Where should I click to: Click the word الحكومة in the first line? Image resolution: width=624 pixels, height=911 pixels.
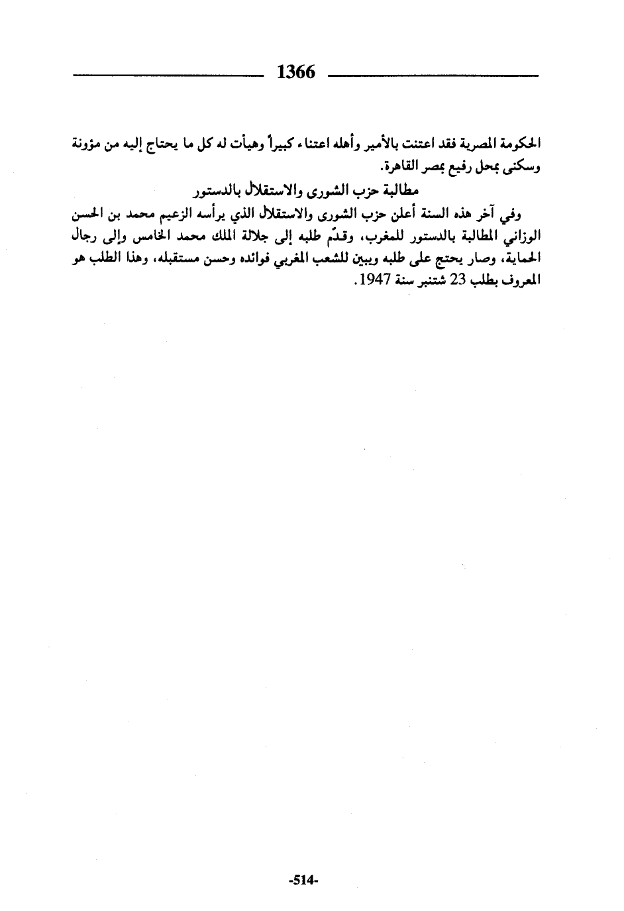[x=523, y=143]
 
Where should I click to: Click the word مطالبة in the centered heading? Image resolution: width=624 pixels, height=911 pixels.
[x=401, y=190]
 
